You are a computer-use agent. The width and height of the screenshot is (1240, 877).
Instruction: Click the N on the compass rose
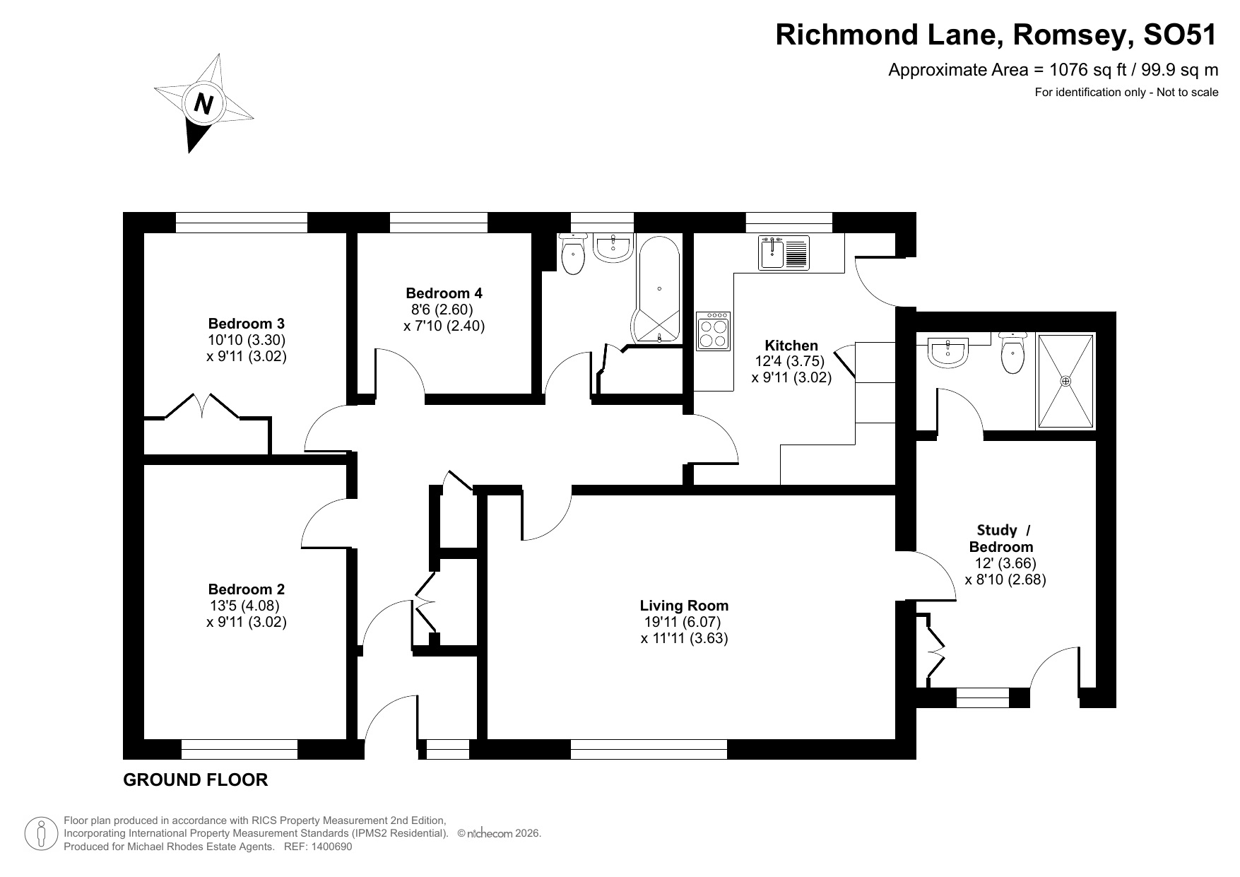point(203,104)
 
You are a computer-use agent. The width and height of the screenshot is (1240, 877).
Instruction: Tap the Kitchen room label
point(791,345)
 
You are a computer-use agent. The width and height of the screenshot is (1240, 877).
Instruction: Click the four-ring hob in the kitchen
point(712,331)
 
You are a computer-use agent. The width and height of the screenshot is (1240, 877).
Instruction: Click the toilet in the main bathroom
point(573,256)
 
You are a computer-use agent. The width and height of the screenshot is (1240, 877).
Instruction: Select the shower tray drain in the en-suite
point(1065,381)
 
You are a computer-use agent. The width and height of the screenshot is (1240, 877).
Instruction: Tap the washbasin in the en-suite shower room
point(948,353)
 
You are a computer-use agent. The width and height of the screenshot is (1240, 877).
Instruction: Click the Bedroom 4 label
point(444,293)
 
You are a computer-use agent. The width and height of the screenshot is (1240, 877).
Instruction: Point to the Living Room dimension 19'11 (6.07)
point(682,622)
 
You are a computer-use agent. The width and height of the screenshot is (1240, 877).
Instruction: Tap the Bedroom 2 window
point(239,749)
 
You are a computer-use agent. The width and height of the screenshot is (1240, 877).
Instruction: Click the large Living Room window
point(648,749)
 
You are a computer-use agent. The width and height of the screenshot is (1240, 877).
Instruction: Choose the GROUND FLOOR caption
point(195,780)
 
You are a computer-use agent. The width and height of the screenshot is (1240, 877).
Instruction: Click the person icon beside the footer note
point(41,834)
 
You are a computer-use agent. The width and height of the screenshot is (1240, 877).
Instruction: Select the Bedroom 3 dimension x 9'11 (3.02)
point(246,356)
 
